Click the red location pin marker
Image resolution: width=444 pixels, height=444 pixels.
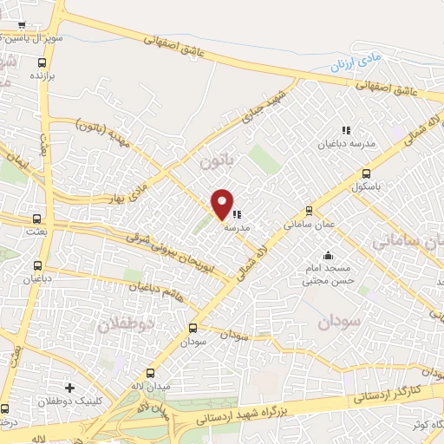click(x=223, y=203)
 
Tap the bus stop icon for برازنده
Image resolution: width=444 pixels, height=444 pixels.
click(x=42, y=62)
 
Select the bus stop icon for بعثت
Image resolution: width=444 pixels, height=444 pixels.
click(x=36, y=219)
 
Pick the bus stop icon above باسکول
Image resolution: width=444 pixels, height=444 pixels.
click(x=367, y=173)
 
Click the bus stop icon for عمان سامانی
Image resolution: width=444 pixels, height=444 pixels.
click(x=309, y=211)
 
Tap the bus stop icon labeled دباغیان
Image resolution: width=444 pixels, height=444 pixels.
click(x=36, y=265)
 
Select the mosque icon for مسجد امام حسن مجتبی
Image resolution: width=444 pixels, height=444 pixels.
click(x=328, y=256)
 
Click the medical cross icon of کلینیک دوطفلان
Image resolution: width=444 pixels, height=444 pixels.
click(x=69, y=388)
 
